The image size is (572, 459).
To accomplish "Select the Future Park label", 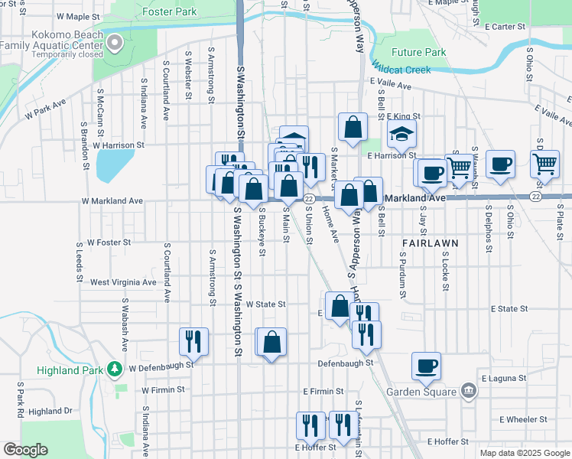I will pos(418,53).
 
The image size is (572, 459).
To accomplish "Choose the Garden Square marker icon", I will pos(469,391).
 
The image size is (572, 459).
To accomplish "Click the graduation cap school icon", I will pos(401,135).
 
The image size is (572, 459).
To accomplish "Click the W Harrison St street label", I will pos(119,145).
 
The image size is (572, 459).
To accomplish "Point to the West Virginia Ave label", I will pos(123,282).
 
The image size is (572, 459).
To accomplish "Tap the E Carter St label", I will pos(505,26).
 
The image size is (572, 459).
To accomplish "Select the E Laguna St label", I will pos(504,379).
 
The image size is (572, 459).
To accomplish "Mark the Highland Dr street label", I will pos(50,411).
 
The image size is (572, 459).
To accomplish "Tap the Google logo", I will pos(25,450).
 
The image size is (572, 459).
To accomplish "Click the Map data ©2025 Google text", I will pos(524,453).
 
